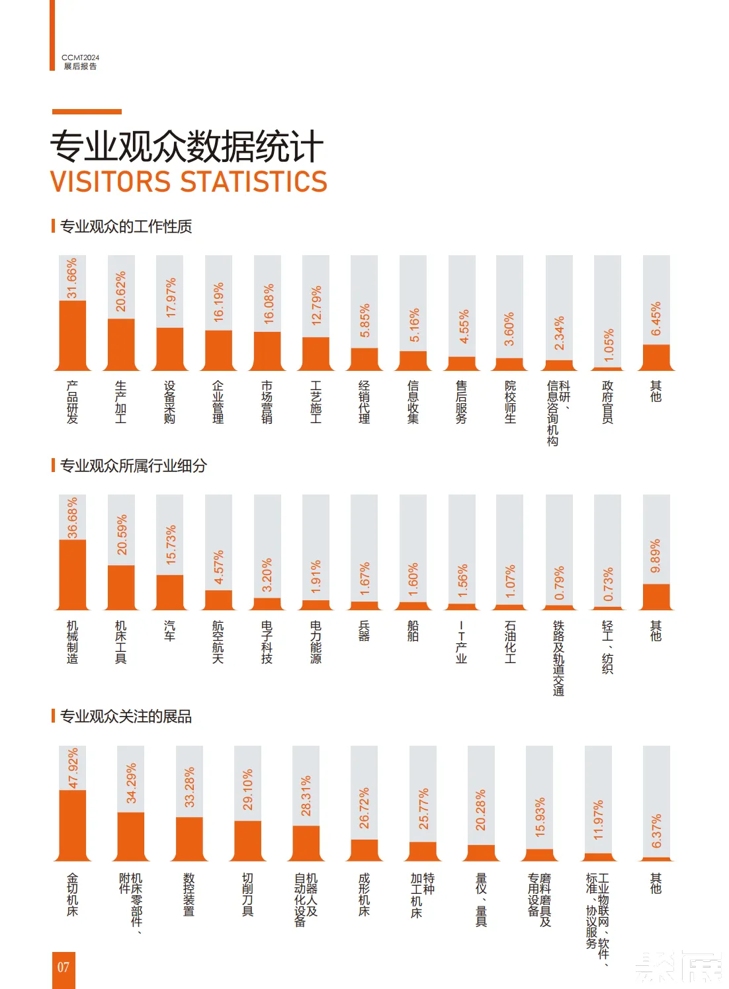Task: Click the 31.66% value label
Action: [72, 278]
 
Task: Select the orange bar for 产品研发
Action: [72, 335]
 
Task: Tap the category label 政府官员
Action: [607, 401]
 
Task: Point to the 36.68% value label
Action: [72, 518]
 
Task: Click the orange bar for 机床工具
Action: [121, 586]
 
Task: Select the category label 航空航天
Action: [218, 641]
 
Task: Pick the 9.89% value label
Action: [656, 556]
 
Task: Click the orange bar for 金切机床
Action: [72, 824]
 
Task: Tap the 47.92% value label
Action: [73, 768]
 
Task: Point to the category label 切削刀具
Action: [247, 894]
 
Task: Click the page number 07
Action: [64, 968]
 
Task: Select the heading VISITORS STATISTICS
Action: [189, 182]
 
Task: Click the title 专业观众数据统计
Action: [187, 146]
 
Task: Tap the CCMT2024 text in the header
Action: [80, 58]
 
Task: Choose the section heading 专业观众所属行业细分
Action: [133, 465]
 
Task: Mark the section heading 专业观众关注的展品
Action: [126, 716]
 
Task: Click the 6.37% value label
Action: [656, 831]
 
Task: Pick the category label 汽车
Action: [169, 630]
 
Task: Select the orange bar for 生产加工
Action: [121, 344]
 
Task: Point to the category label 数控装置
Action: [189, 894]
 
